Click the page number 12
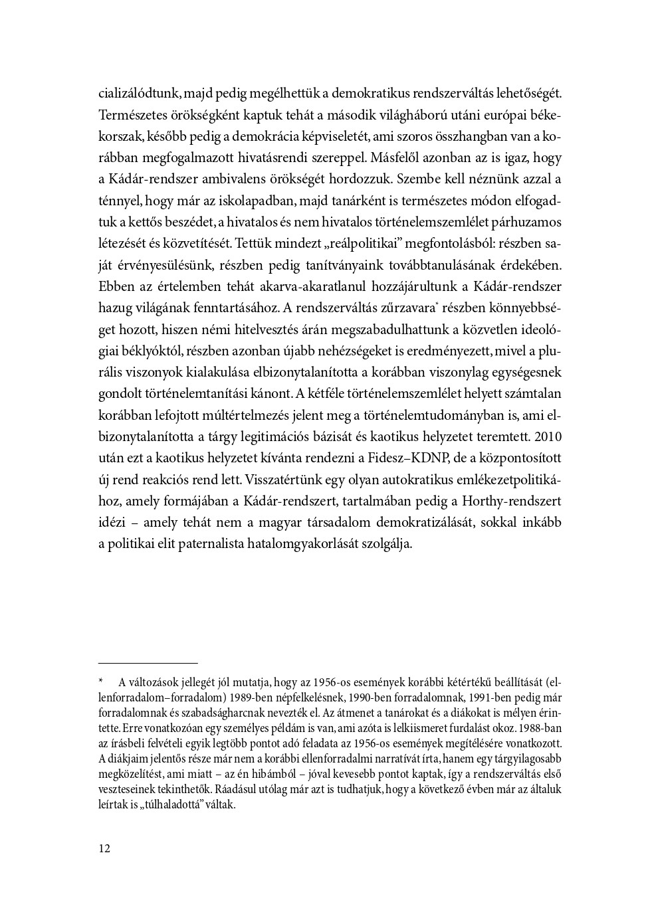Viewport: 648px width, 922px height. coord(104,848)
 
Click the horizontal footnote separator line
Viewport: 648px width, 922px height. coord(148,663)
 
